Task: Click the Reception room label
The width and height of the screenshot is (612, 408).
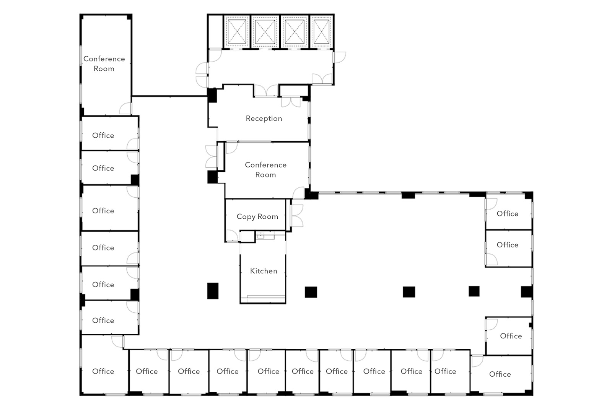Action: pyautogui.click(x=264, y=119)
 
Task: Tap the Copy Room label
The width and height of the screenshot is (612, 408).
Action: pyautogui.click(x=257, y=216)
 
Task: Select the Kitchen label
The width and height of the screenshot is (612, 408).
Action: pyautogui.click(x=264, y=271)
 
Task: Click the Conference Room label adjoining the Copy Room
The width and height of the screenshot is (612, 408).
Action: pyautogui.click(x=265, y=170)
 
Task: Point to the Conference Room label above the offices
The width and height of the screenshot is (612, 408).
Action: pyautogui.click(x=104, y=63)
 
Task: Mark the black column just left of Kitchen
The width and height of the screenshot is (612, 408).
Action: pyautogui.click(x=213, y=291)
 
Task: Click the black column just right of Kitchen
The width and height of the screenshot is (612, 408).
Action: pyautogui.click(x=311, y=292)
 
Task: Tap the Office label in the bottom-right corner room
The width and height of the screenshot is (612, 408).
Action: pyautogui.click(x=500, y=374)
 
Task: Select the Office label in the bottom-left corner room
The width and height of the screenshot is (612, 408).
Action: pyautogui.click(x=103, y=371)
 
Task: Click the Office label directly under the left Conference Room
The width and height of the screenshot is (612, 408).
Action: pyautogui.click(x=103, y=135)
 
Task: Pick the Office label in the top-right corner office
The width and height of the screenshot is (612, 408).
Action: pyautogui.click(x=507, y=213)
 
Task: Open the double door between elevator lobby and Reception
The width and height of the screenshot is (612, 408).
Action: pyautogui.click(x=266, y=91)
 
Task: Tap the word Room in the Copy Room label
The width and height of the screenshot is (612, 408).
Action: pyautogui.click(x=268, y=216)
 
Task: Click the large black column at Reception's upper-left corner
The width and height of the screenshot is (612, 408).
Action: pyautogui.click(x=212, y=96)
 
